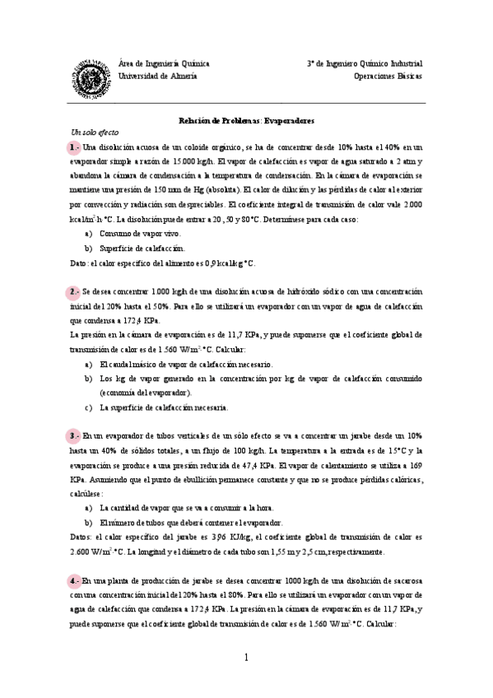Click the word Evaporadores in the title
click(288, 120)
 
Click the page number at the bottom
click(245, 657)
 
